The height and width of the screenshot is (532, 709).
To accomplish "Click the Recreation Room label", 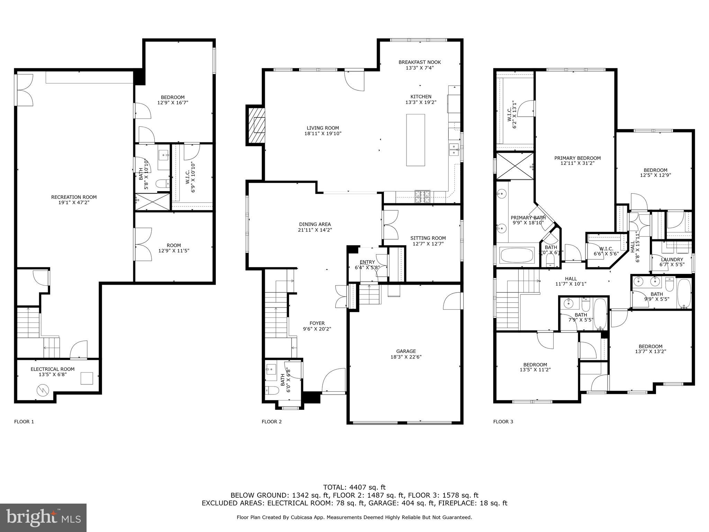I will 74,197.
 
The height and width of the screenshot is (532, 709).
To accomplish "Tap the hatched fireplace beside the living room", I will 255,125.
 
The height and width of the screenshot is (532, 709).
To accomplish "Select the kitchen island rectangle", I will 415,140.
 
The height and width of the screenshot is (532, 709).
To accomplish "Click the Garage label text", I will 406,351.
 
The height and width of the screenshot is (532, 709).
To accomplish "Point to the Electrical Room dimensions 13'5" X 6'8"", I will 52,375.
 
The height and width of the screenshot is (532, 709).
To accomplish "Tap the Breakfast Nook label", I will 420,62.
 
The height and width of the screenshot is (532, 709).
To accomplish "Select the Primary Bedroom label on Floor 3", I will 577,158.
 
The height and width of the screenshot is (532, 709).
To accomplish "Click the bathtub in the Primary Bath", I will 517,255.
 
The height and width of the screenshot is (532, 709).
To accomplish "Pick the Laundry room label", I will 672,259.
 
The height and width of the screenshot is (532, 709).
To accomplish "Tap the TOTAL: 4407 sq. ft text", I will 354,487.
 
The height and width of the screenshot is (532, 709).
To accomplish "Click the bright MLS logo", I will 43,518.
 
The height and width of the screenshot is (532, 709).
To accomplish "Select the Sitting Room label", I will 428,238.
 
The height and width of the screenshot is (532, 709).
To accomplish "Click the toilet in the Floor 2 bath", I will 272,391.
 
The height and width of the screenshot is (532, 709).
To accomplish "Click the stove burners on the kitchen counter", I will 423,196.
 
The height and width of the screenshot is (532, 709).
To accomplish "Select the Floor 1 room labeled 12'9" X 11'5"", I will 173,248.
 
